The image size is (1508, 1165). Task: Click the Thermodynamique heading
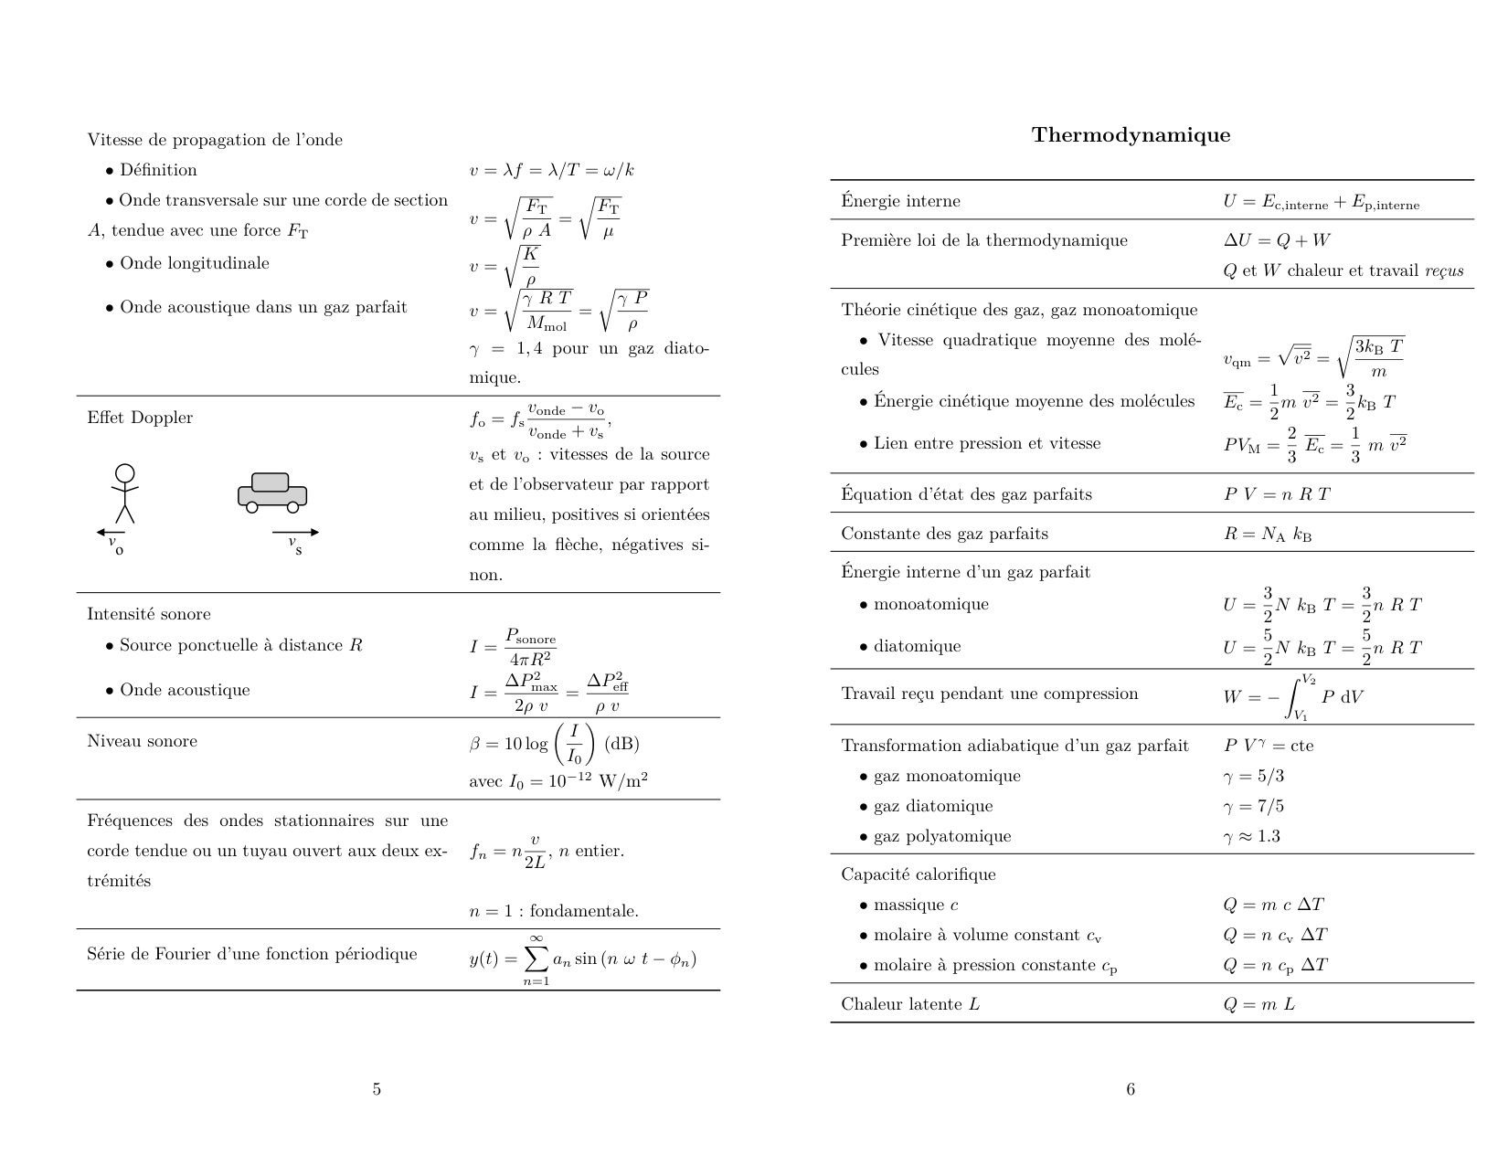pyautogui.click(x=1131, y=135)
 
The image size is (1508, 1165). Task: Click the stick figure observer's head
pyautogui.click(x=124, y=473)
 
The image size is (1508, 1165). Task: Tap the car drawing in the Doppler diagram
pyautogui.click(x=272, y=492)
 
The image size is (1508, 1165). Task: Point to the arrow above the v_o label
pyautogui.click(x=111, y=532)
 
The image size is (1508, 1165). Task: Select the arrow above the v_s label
pyautogui.click(x=295, y=532)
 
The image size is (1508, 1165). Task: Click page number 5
pyautogui.click(x=377, y=1089)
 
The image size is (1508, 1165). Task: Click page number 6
pyautogui.click(x=1131, y=1089)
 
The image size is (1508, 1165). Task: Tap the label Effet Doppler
pyautogui.click(x=140, y=418)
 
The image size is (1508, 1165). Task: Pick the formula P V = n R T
pyautogui.click(x=1277, y=494)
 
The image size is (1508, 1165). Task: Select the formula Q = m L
pyautogui.click(x=1258, y=1004)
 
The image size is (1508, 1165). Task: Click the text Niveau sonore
pyautogui.click(x=142, y=741)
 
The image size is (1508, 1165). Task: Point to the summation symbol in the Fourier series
pyautogui.click(x=536, y=958)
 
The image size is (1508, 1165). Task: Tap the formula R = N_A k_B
pyautogui.click(x=1268, y=534)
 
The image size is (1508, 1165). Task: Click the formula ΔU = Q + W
pyautogui.click(x=1277, y=240)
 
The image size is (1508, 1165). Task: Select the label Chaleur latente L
pyautogui.click(x=910, y=1004)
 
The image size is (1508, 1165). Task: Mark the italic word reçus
pyautogui.click(x=1444, y=270)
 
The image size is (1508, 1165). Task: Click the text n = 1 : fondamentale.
pyautogui.click(x=554, y=911)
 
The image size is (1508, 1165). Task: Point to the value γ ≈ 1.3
pyautogui.click(x=1252, y=836)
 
